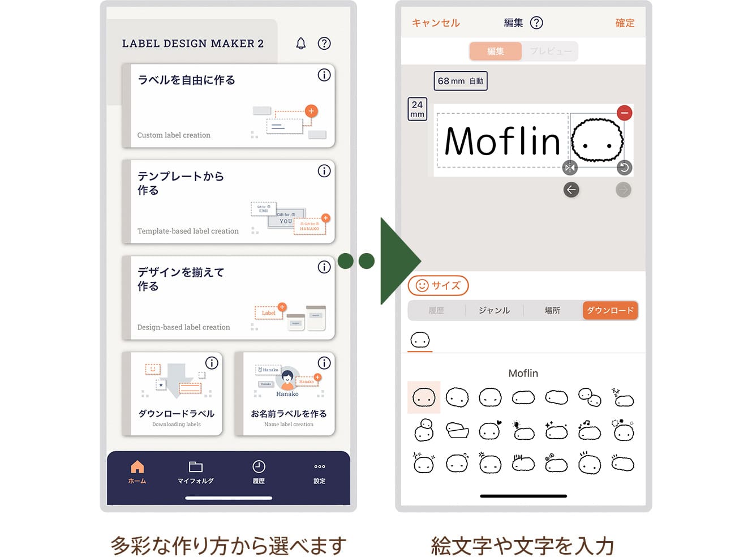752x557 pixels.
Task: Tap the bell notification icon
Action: click(300, 44)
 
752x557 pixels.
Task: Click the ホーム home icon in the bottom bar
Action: click(137, 467)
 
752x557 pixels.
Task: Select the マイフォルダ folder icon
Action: click(195, 467)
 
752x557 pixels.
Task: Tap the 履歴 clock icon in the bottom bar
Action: click(259, 467)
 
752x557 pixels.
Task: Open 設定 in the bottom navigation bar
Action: click(319, 467)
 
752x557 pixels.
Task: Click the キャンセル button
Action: click(435, 23)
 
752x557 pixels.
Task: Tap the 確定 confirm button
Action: click(625, 23)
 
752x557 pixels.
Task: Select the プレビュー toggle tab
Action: click(550, 52)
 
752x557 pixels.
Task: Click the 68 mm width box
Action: click(460, 81)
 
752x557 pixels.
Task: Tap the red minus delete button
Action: click(624, 113)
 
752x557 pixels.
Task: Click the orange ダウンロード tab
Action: click(610, 310)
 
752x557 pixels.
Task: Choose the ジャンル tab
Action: click(494, 310)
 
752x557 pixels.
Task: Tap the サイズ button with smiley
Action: click(439, 285)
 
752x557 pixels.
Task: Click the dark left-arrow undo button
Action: click(571, 190)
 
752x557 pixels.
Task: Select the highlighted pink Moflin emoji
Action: click(424, 397)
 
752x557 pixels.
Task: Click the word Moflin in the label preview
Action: click(502, 142)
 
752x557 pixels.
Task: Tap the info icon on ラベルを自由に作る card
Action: click(324, 75)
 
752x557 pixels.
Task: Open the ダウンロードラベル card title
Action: click(176, 414)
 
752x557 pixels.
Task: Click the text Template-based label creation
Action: click(188, 231)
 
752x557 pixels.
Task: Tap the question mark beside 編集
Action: click(536, 23)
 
